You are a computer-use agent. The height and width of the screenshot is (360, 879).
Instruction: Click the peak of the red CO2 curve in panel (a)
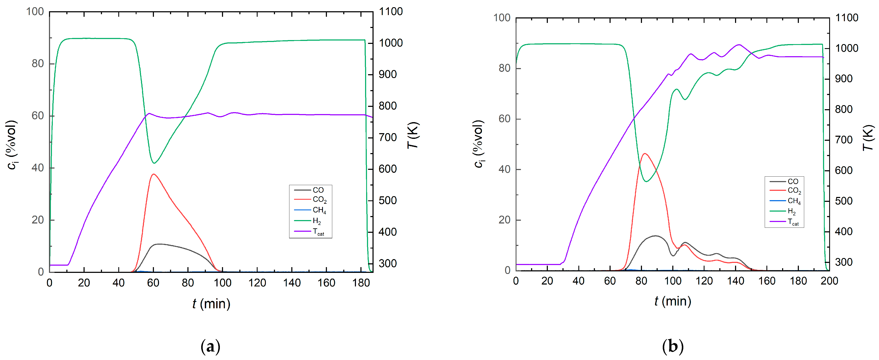[153, 174]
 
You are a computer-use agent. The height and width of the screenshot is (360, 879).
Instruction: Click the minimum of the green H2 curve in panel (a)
[154, 163]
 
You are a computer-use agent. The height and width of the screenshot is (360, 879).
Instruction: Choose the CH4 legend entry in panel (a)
[319, 210]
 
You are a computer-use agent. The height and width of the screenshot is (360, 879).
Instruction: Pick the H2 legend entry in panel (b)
[791, 212]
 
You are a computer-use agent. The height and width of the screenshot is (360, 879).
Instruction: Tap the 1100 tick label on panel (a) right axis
[391, 12]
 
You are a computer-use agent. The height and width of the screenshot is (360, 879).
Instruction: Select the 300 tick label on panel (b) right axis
[844, 262]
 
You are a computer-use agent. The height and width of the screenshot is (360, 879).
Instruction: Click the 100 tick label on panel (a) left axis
[35, 12]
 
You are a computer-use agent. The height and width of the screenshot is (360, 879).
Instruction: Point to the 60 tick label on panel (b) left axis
[504, 119]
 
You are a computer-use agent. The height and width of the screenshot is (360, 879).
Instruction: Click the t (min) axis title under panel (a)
[211, 303]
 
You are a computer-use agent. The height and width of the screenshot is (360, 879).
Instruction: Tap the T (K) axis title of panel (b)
[868, 138]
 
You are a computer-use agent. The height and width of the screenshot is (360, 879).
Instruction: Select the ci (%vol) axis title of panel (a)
[12, 144]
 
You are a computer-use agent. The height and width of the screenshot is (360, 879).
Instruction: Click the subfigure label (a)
[211, 347]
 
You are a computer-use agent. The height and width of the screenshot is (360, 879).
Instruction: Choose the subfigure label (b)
[673, 347]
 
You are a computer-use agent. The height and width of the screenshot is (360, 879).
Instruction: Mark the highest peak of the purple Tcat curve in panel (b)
[739, 45]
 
